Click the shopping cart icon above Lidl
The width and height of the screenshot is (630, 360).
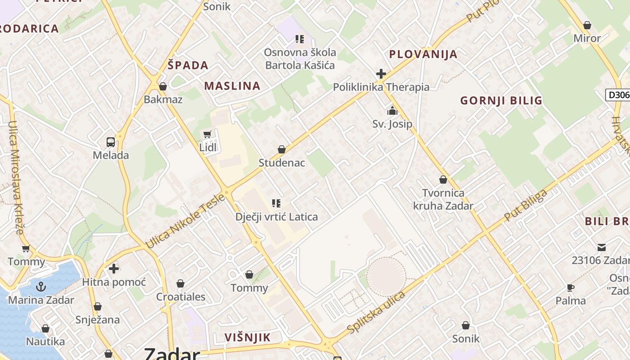[x=207, y=134]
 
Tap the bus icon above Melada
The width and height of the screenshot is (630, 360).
[x=111, y=142]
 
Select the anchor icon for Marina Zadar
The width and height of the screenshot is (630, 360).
[x=41, y=286]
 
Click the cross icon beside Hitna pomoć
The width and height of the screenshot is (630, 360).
[x=114, y=269]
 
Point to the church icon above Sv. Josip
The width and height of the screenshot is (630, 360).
[x=392, y=110]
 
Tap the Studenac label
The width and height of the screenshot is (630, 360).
[x=282, y=163]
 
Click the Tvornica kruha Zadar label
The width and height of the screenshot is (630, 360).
[x=443, y=199]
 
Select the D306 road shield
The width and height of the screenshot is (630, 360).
[x=617, y=95]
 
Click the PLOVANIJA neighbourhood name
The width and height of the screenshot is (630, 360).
[x=423, y=54]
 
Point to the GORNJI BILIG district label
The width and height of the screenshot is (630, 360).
[x=501, y=100]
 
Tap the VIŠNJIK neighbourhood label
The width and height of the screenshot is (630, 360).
[x=247, y=337]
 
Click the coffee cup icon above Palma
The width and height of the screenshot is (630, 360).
[x=571, y=288]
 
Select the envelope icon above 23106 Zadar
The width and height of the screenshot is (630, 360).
[x=602, y=247]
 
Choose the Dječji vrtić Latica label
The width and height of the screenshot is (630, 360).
[x=276, y=217]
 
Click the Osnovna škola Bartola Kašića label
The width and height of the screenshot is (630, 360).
[x=300, y=59]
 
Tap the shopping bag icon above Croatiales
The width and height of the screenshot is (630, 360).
[x=180, y=283]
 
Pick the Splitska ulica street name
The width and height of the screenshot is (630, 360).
[x=377, y=312]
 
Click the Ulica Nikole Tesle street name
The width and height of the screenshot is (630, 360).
[x=186, y=220]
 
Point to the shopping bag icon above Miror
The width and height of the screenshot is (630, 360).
[x=587, y=25]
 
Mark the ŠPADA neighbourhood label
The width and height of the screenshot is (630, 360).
[x=188, y=65]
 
